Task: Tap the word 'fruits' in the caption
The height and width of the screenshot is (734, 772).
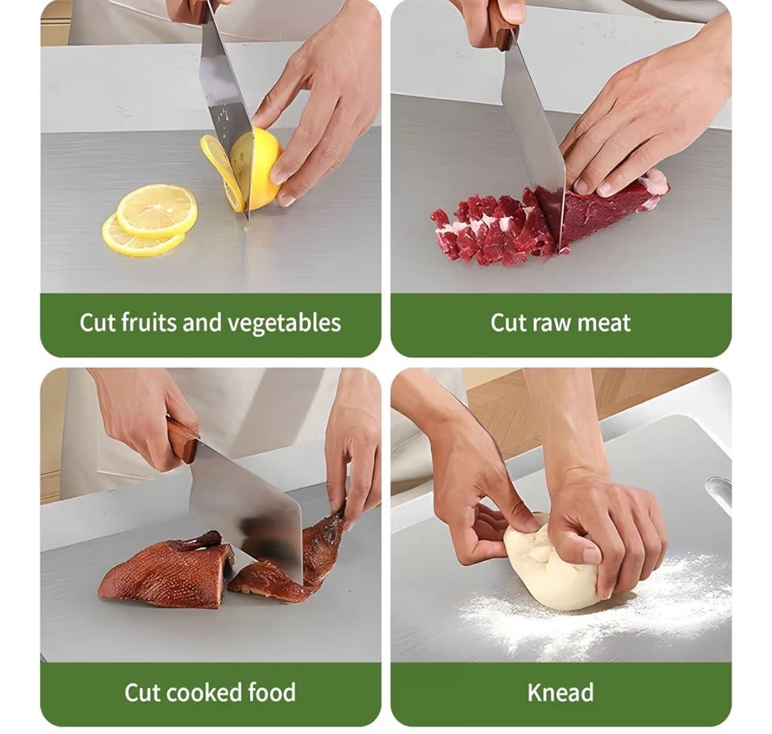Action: [148, 322]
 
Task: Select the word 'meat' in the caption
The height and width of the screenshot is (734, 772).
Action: [604, 323]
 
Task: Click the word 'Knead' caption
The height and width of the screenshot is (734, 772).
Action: [561, 692]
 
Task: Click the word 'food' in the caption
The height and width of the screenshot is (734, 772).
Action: [272, 692]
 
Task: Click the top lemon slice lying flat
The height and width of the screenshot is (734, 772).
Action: [157, 211]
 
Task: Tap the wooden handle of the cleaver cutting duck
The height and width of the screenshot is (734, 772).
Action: [183, 440]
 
